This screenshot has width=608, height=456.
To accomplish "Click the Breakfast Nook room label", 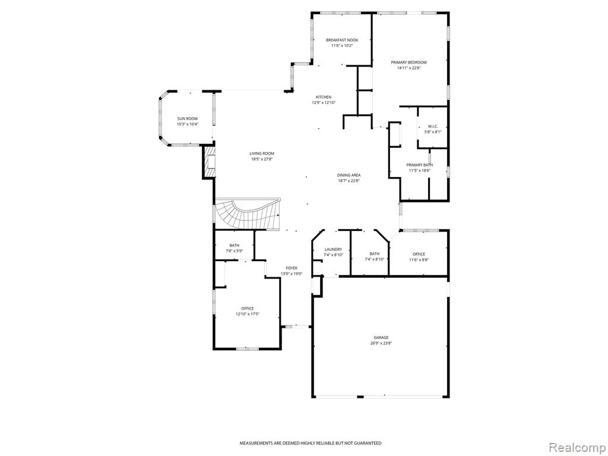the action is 341,40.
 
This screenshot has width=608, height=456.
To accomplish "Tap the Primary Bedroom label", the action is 408,62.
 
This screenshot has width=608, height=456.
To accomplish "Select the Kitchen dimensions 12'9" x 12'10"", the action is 324,103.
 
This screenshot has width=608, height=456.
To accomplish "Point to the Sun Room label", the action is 187,119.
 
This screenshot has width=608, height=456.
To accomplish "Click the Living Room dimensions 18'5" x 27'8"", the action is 262,159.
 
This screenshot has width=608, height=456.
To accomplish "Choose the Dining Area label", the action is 349,175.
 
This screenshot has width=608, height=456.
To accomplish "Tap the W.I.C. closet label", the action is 432,126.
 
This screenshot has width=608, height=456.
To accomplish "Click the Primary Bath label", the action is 420,165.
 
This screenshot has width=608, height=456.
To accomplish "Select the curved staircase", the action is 246,214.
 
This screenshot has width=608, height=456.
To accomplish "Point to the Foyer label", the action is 292,268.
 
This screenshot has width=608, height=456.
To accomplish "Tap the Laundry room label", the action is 333,249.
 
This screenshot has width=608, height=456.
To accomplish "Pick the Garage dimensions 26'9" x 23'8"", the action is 381,343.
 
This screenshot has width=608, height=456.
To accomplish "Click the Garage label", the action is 381,338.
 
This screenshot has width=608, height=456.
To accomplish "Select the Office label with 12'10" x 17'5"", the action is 248,309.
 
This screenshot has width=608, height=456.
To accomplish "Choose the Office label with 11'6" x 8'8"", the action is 419,254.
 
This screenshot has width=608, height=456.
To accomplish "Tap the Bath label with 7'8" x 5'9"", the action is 234,245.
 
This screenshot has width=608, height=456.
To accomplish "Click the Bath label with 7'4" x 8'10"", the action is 374,254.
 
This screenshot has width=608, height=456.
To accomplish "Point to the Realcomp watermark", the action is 577,448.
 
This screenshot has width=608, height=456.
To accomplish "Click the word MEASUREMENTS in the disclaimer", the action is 255,443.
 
